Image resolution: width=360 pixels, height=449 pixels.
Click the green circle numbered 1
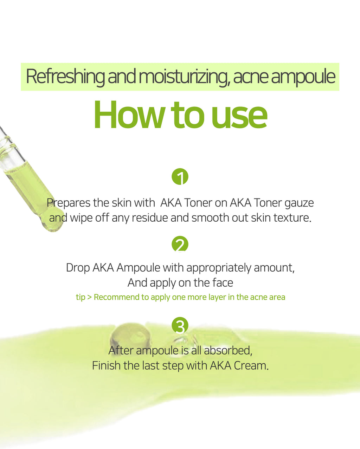pyautogui.click(x=180, y=177)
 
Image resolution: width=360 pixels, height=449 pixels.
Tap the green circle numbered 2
pyautogui.click(x=180, y=244)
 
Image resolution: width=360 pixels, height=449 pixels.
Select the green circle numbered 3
pyautogui.click(x=180, y=325)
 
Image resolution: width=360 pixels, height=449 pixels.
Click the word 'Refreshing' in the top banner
pyautogui.click(x=65, y=77)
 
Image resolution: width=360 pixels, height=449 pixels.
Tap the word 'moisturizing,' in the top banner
pyautogui.click(x=184, y=77)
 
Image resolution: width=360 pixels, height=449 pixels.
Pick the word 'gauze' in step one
pyautogui.click(x=299, y=203)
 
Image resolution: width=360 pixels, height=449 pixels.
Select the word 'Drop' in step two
pyautogui.click(x=78, y=268)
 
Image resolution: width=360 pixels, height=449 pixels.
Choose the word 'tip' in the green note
pyautogui.click(x=81, y=297)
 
